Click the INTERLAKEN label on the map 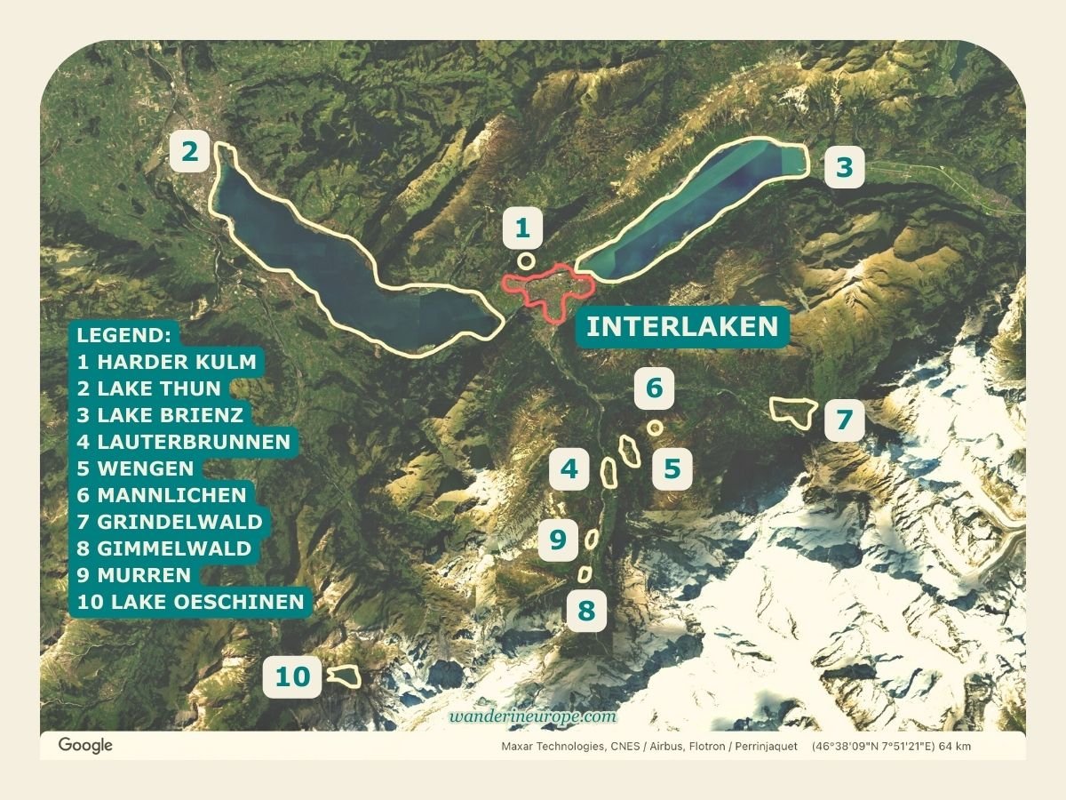coord(682,326)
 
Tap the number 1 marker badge coord(522,229)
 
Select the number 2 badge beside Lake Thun coord(190,152)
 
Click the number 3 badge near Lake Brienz coord(844,167)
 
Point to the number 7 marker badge coord(844,419)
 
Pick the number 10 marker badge coord(292,677)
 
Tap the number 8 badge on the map coord(585,611)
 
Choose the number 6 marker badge coord(654,388)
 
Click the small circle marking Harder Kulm coord(526,261)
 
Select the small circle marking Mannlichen coord(656,428)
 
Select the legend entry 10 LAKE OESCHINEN coord(191,602)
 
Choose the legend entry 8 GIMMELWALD coord(164,548)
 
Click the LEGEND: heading coord(124,335)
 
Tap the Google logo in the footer coord(85,745)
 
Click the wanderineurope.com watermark coord(533,716)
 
